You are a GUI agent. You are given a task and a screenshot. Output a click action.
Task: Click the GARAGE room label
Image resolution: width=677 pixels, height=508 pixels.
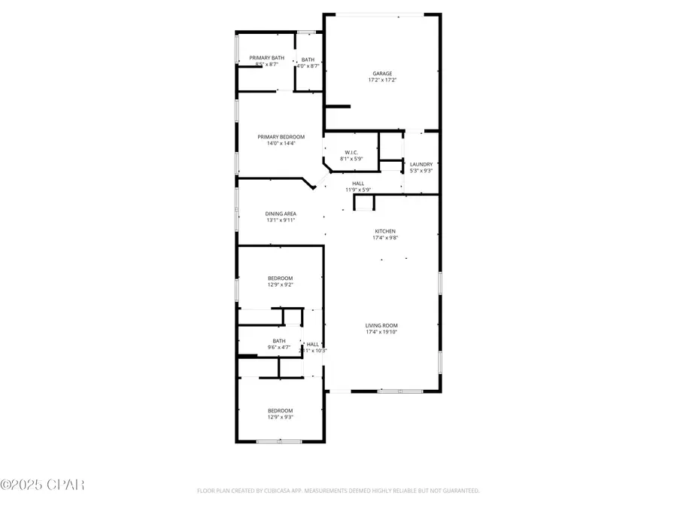tap(381, 74)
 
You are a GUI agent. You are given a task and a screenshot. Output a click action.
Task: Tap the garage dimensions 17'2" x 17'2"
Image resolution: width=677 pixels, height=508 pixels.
tap(381, 80)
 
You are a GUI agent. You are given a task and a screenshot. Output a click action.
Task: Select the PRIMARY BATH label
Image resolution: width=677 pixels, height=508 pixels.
tap(267, 58)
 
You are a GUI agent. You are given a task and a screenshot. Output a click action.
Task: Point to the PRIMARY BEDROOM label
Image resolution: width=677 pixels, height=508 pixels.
tap(281, 137)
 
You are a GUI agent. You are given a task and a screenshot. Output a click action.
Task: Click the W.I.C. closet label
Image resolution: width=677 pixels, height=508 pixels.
tap(351, 153)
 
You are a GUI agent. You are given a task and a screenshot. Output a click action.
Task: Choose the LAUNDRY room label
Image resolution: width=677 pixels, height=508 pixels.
tap(420, 164)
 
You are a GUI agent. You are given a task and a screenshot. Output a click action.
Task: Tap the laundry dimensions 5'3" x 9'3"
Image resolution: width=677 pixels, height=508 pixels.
tap(420, 170)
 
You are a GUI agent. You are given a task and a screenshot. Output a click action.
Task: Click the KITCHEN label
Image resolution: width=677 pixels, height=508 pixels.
tap(385, 231)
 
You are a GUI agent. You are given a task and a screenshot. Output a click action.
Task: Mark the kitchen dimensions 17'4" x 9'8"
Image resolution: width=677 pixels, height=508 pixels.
tap(385, 238)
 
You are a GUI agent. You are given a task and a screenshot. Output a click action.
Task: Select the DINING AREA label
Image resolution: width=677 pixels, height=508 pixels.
tap(280, 214)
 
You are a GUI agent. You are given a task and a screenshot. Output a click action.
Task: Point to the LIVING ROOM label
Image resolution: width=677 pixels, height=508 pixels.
tap(381, 325)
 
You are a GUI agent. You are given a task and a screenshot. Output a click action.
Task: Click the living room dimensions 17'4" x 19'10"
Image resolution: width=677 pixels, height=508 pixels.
tap(381, 332)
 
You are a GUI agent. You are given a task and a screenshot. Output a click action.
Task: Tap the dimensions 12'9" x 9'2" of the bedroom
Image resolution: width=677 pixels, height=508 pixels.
tap(280, 284)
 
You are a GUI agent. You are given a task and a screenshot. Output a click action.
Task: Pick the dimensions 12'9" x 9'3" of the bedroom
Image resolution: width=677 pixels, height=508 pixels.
tap(280, 417)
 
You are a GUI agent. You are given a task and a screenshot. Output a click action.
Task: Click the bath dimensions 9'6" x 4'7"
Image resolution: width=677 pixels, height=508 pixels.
tap(279, 347)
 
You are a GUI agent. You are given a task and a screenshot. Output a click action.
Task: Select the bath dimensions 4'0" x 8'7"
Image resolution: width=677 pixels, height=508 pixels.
tap(308, 66)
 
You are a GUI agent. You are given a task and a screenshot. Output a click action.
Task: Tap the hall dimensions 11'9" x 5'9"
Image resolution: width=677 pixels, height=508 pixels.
tap(358, 190)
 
